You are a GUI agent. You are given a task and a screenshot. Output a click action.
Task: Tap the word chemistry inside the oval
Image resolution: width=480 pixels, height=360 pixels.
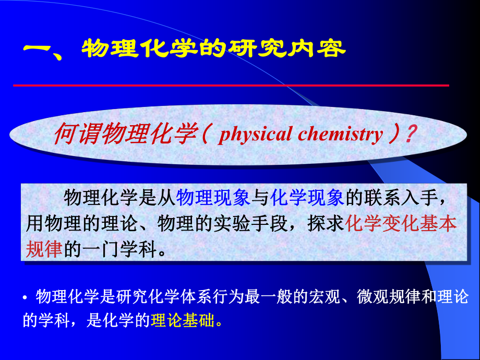click(340, 135)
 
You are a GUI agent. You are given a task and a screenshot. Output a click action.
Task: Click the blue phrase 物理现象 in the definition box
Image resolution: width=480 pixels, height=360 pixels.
click(214, 199)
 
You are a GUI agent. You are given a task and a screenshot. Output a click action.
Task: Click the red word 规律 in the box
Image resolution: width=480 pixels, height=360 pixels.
click(44, 249)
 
